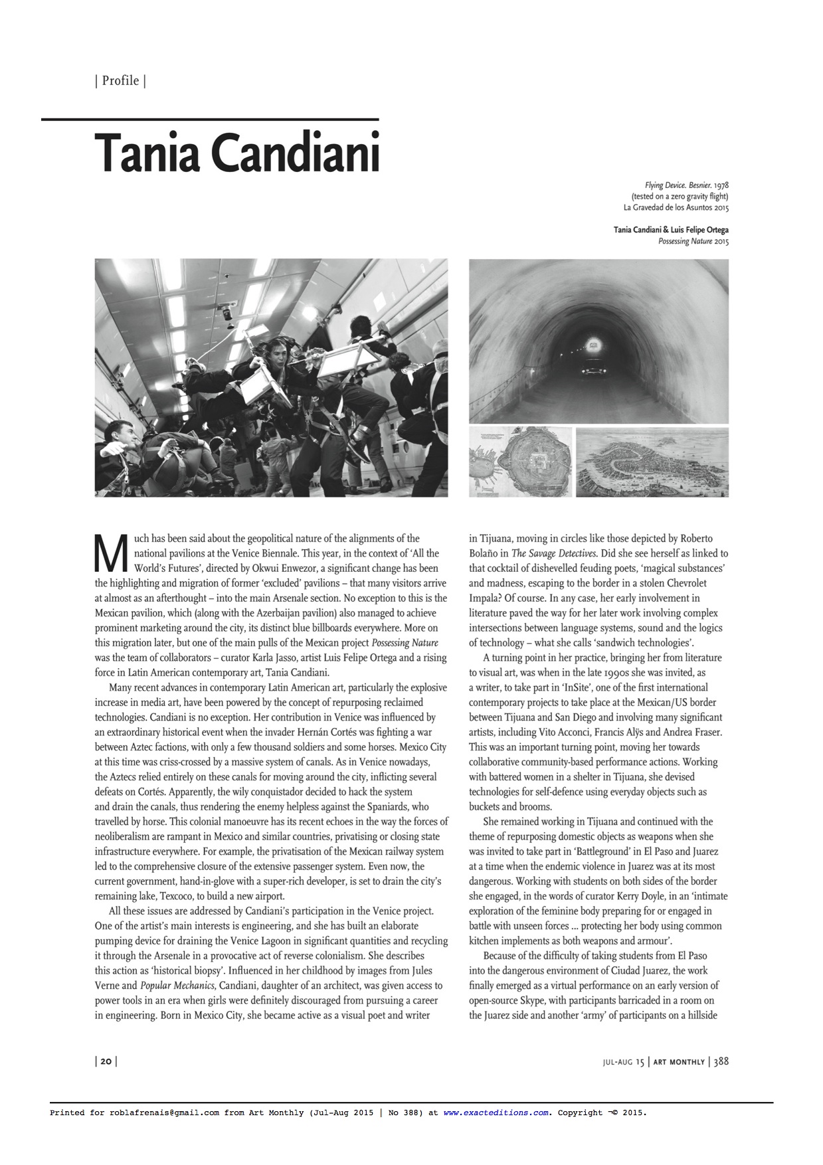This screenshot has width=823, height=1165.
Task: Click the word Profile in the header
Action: (120, 81)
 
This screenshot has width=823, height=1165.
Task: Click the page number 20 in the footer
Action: (106, 1061)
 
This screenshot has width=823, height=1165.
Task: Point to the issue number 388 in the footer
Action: (721, 1061)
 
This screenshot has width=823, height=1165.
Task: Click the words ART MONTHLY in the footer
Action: (678, 1062)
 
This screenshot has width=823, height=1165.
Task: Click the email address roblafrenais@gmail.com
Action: (164, 1113)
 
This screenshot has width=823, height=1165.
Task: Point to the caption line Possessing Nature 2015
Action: (693, 242)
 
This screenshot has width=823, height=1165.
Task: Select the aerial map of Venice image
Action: (652, 462)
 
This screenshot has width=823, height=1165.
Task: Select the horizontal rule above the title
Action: (210, 120)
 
